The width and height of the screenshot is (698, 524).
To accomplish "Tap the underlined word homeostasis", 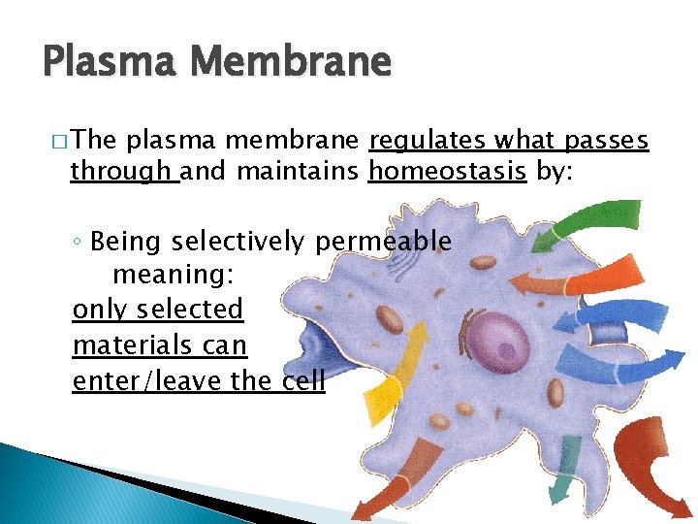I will point(447,174).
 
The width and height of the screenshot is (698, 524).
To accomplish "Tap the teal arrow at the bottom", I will point(566,473).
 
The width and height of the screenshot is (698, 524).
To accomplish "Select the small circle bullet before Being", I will point(79,242).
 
